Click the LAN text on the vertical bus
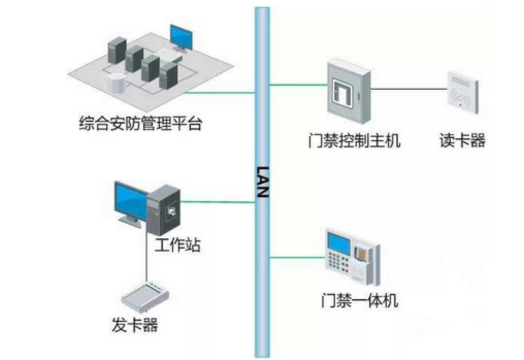coord(262,182)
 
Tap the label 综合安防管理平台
coord(140,123)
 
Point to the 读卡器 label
coord(462,140)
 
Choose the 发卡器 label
coord(134,325)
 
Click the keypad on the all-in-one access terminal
coord(336,263)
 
